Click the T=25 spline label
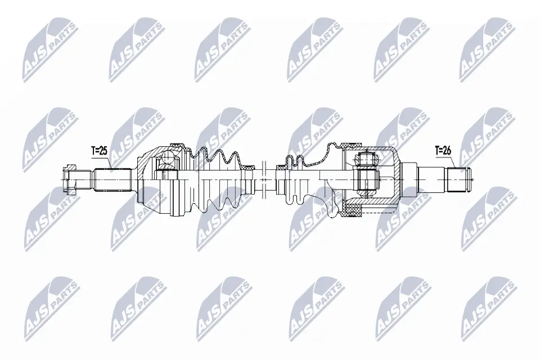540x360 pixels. (x=99, y=150)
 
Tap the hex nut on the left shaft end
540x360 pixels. (x=70, y=179)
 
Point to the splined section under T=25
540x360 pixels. (x=112, y=179)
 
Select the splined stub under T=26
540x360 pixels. (x=458, y=179)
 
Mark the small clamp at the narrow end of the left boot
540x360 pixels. (x=247, y=166)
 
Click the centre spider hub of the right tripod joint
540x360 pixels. (x=366, y=179)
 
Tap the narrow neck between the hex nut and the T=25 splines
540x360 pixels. (x=84, y=179)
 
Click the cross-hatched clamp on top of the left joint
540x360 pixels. (x=175, y=145)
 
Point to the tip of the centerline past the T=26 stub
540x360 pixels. (x=474, y=179)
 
